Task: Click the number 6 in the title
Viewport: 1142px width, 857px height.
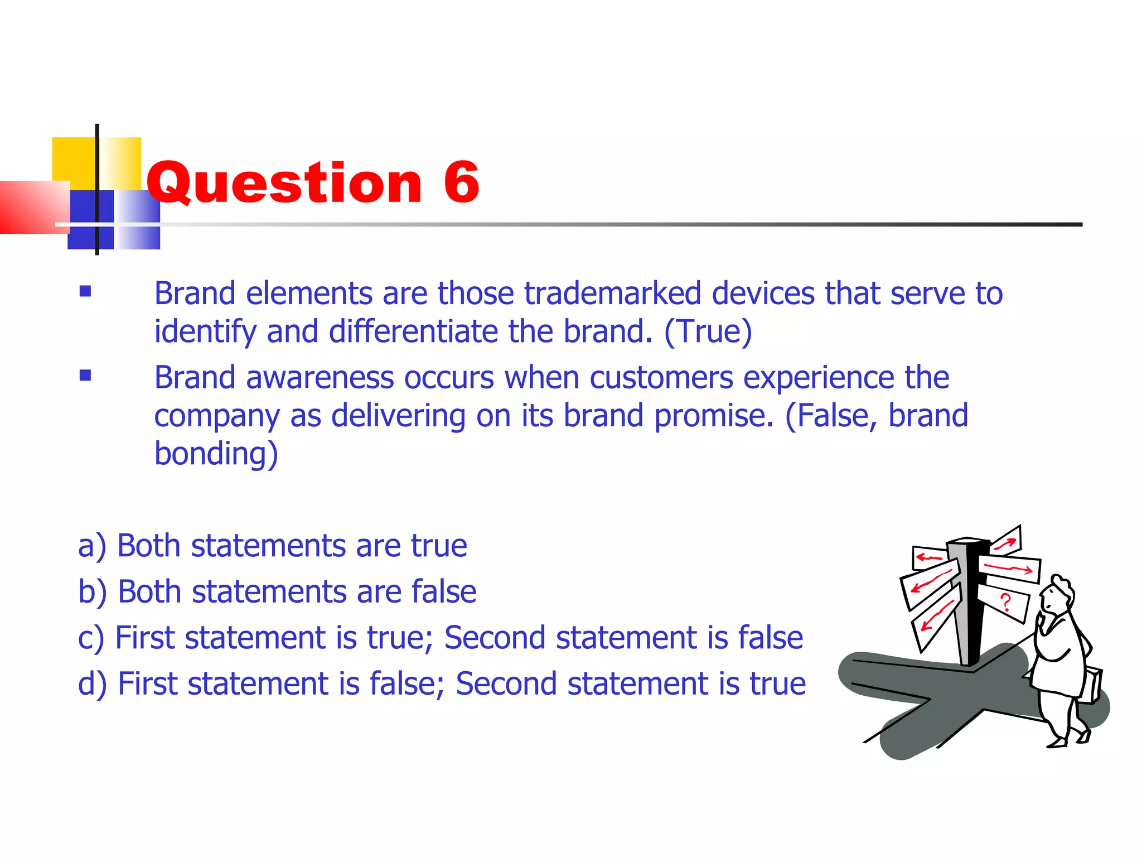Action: tap(461, 182)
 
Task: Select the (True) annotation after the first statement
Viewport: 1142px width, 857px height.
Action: tap(708, 331)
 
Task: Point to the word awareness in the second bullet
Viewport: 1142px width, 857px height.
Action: tap(320, 378)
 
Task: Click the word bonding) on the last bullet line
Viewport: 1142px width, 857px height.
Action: tap(216, 453)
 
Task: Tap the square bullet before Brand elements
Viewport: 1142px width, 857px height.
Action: tap(85, 291)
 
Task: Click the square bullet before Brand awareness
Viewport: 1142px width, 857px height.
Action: tap(85, 375)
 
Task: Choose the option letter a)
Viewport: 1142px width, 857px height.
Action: tap(92, 546)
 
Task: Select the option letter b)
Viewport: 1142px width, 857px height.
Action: tap(93, 592)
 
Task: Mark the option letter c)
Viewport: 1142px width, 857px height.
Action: tap(91, 638)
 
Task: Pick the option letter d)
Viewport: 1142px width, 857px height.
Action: tap(93, 684)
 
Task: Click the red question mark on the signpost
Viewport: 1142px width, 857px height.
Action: tap(1005, 603)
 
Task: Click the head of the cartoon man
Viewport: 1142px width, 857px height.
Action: tap(1057, 594)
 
